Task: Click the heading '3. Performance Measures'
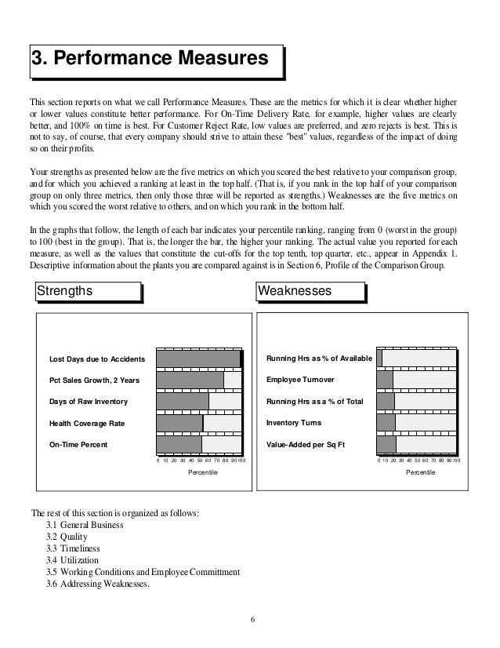click(154, 60)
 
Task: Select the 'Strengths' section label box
click(87, 291)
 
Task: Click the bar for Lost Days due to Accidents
click(198, 359)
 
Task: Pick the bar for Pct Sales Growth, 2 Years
click(190, 380)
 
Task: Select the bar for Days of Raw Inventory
click(183, 402)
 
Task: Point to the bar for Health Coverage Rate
click(179, 424)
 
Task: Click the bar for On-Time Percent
click(179, 445)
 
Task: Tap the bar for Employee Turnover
click(385, 380)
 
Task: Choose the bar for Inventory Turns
click(386, 424)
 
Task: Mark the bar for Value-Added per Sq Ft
click(386, 445)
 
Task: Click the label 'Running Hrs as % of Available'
click(320, 359)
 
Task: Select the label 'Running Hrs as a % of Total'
click(315, 402)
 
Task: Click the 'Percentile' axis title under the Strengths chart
click(204, 474)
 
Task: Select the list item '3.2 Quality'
click(68, 536)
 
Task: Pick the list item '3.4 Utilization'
click(73, 560)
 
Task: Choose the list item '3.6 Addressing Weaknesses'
click(98, 584)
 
